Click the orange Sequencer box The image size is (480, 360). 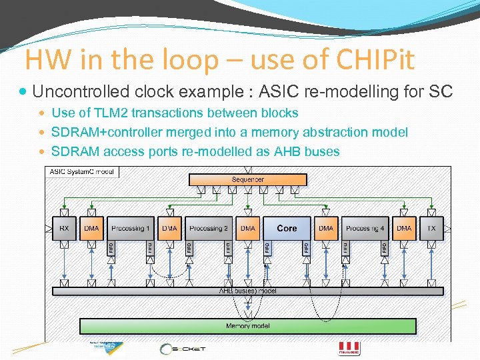coord(248,179)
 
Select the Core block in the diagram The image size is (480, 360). coord(287,228)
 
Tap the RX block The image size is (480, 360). coord(64,228)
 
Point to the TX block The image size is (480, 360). coord(431,228)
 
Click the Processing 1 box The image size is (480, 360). coord(131,228)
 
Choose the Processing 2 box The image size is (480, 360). coord(209,228)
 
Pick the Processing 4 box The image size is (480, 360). coord(365,228)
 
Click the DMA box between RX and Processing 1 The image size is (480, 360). coord(92,228)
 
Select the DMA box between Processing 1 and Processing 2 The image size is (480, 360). coord(170,228)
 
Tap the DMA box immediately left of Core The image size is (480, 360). coord(248,228)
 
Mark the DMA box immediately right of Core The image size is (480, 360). coord(326,228)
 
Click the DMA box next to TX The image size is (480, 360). coord(404,228)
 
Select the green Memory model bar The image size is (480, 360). coord(248,326)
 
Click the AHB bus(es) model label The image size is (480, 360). coord(248,291)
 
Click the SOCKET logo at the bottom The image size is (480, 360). coord(183,349)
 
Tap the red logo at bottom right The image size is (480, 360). coord(350,348)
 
